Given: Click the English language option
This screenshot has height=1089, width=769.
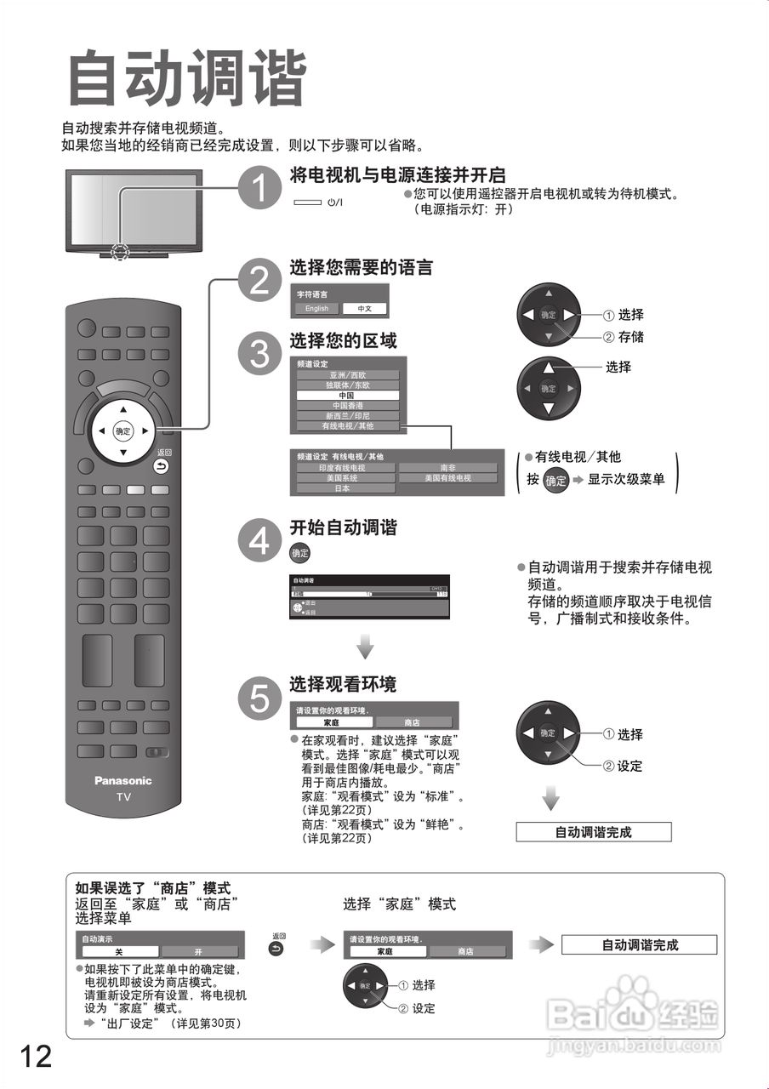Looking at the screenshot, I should pos(316,309).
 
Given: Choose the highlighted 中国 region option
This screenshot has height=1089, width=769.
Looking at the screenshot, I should pos(347,396).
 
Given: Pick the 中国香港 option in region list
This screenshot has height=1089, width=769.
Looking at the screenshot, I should pos(347,406).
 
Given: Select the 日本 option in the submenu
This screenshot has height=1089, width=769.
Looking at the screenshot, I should pos(345,488).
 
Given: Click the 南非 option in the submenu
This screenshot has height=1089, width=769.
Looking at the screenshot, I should pos(448,468).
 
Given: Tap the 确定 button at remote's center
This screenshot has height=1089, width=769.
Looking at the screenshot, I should pos(123,431).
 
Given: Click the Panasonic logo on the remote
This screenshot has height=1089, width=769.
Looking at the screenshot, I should pos(122,780).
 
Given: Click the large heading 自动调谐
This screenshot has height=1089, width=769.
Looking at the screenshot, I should pos(185,79).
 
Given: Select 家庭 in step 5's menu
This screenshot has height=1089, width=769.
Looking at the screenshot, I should pos(332,722).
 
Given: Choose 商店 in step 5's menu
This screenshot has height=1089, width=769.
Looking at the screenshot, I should pos(412,722).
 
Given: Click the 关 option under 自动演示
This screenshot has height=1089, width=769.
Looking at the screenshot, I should pos(119,952).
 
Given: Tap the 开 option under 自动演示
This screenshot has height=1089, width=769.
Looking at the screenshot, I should pos(199,952).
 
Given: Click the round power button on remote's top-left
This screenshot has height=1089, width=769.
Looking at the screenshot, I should pos(86,328).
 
